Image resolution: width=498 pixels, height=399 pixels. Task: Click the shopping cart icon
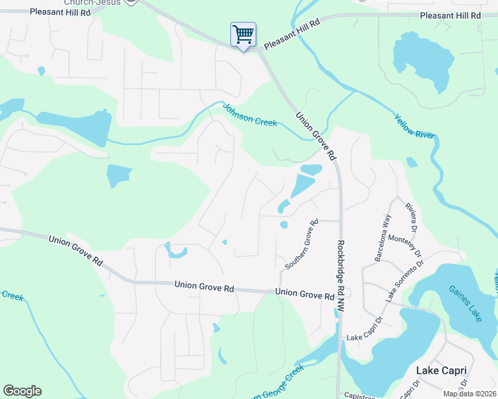pos(243,34)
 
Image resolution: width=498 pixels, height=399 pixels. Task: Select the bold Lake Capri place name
pos(441,370)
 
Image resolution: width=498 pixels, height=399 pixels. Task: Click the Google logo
pos(22,391)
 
